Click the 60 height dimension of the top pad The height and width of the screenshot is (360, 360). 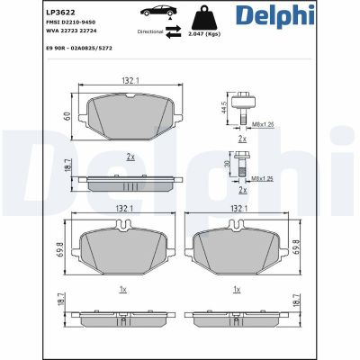click(x=66, y=115)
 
